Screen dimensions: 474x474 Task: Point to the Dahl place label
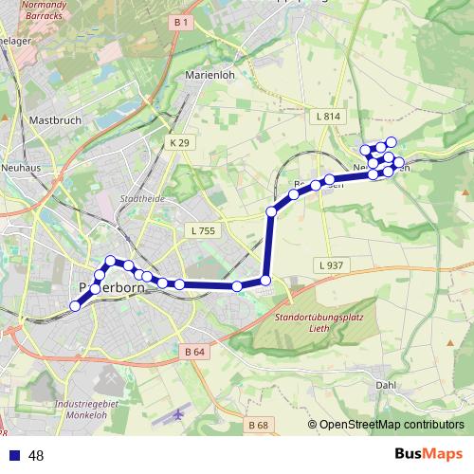tap(386, 385)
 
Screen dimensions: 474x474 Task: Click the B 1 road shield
tap(182, 21)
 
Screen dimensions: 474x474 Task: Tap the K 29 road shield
tap(179, 142)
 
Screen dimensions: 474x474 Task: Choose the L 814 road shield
tap(325, 117)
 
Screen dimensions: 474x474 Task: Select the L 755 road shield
tap(203, 230)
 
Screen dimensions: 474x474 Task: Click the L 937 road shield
tap(330, 264)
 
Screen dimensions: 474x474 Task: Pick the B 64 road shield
tap(194, 352)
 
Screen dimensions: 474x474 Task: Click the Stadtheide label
tap(143, 199)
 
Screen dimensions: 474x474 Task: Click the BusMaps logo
tap(428, 454)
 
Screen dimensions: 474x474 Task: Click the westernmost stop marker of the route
tap(75, 305)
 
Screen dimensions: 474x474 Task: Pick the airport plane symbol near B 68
tap(180, 416)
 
